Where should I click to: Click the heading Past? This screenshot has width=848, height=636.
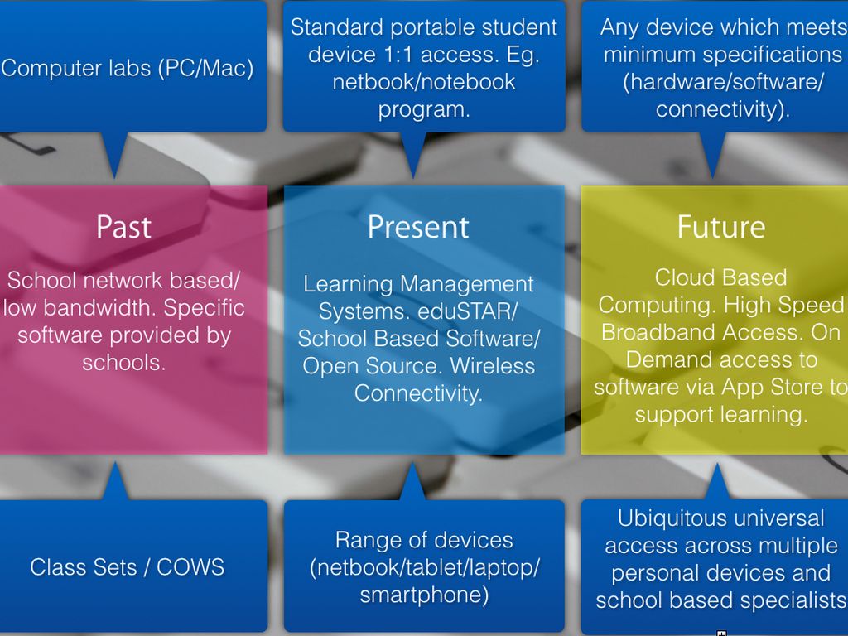(x=123, y=227)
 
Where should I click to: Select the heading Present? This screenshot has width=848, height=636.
(x=418, y=227)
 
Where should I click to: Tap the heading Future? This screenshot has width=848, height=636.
(x=721, y=227)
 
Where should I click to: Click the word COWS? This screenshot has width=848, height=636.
(x=190, y=567)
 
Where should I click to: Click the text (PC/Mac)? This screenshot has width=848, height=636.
(x=206, y=69)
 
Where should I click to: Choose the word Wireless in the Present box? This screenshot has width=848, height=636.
(x=492, y=366)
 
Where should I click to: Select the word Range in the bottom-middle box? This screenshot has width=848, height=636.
(x=362, y=541)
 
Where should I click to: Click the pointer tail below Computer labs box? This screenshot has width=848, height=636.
(x=114, y=154)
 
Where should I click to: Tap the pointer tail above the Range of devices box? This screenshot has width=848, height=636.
(x=412, y=482)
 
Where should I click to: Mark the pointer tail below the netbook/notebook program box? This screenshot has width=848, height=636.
(x=413, y=154)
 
